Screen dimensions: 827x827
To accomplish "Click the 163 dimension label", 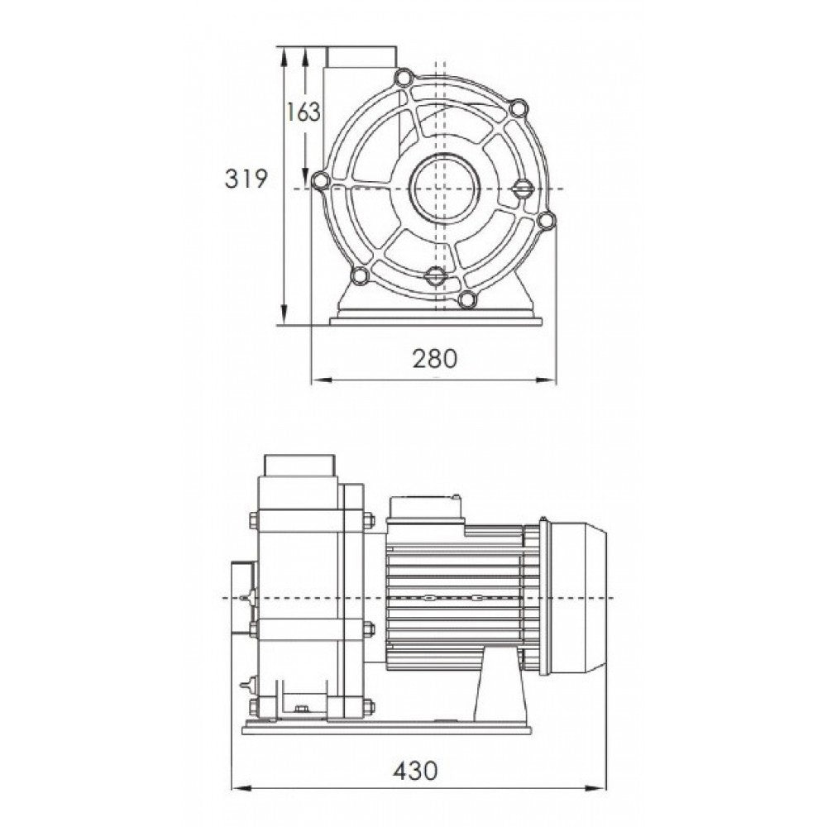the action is click(304, 112).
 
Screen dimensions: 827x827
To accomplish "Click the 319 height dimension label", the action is click(246, 179).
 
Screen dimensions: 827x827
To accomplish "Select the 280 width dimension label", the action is click(435, 359).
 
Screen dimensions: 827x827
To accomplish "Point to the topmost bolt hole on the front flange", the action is click(404, 78).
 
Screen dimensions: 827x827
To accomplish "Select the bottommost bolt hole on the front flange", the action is click(467, 299).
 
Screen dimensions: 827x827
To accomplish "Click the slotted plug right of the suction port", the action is click(523, 189).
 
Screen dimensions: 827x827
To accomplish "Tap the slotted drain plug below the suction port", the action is click(436, 275).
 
